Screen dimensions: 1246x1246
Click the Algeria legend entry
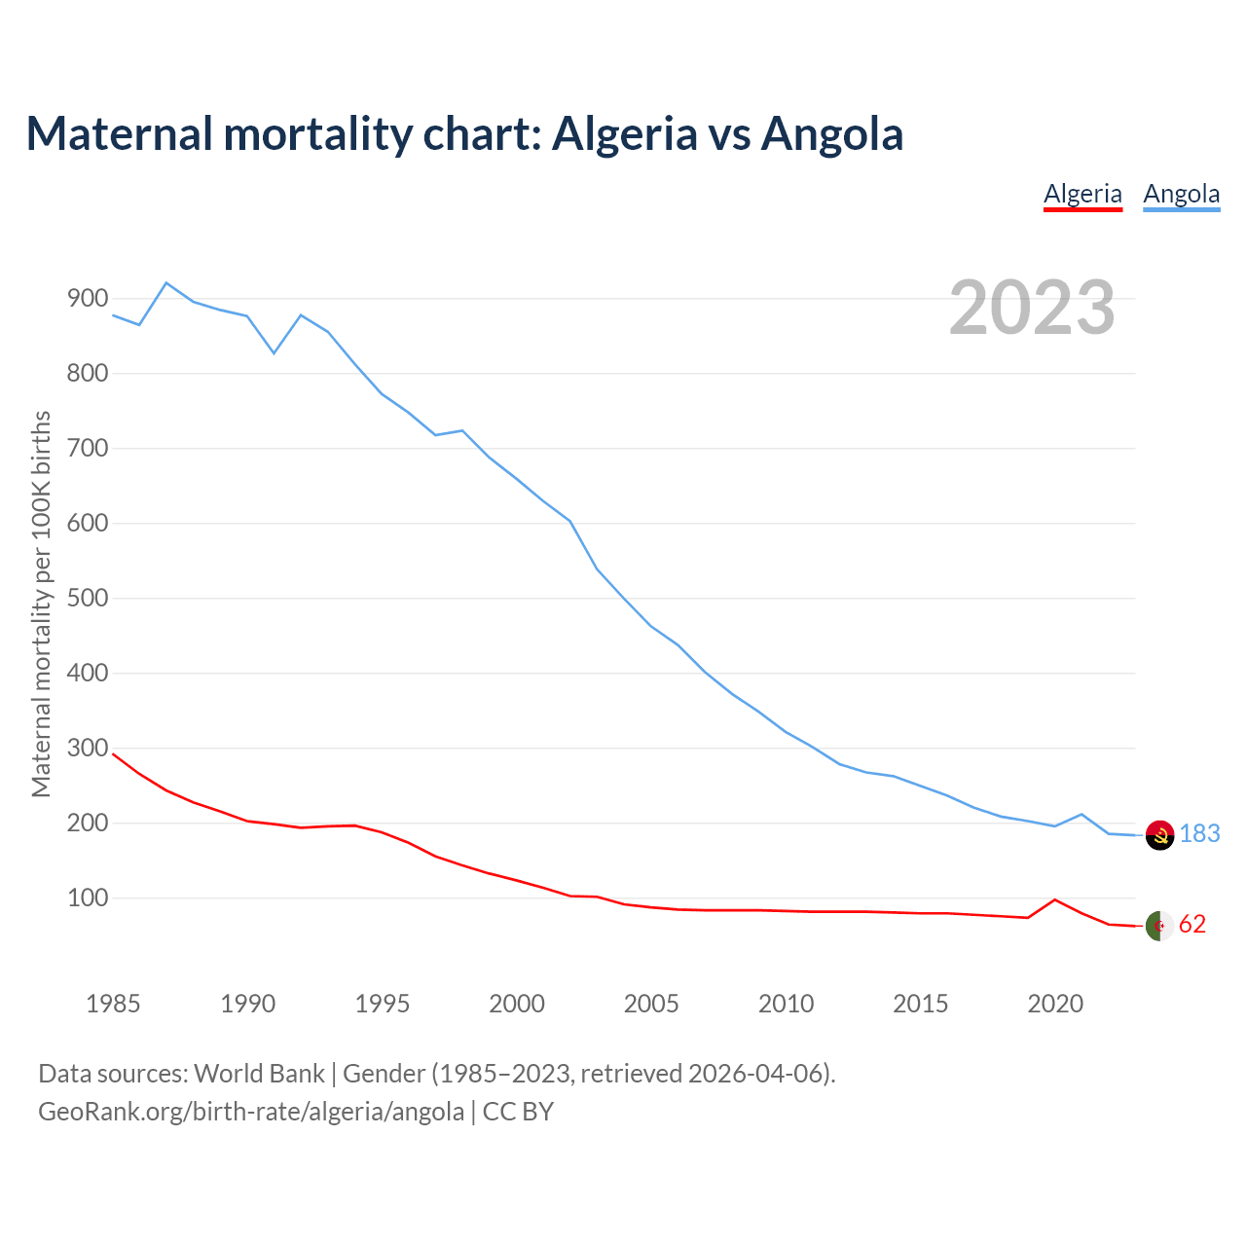pyautogui.click(x=1082, y=194)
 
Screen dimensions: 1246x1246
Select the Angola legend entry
pyautogui.click(x=1181, y=194)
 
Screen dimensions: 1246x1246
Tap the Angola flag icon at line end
pyautogui.click(x=1159, y=834)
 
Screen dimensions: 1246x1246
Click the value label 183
pyautogui.click(x=1199, y=834)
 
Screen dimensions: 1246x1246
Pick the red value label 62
pyautogui.click(x=1191, y=925)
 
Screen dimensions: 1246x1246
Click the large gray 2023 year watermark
pyautogui.click(x=1031, y=308)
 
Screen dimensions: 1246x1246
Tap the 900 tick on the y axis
pyautogui.click(x=87, y=299)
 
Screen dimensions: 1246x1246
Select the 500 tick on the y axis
pyautogui.click(x=87, y=599)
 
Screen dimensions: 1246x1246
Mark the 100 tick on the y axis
pyautogui.click(x=87, y=898)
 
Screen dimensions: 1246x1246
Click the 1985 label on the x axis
pyautogui.click(x=113, y=1004)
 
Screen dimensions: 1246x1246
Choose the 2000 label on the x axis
pyautogui.click(x=517, y=1004)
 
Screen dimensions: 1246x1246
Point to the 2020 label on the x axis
pyautogui.click(x=1055, y=1004)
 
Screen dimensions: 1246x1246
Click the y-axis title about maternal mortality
pyautogui.click(x=41, y=604)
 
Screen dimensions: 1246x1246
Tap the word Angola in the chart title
pyautogui.click(x=831, y=133)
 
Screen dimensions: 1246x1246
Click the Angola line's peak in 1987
pyautogui.click(x=166, y=283)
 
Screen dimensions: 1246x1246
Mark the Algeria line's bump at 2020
pyautogui.click(x=1055, y=899)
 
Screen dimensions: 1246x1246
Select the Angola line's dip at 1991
pyautogui.click(x=275, y=352)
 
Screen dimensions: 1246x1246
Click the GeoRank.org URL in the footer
pyautogui.click(x=251, y=1112)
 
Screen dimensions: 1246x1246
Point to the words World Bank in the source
pyautogui.click(x=259, y=1074)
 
